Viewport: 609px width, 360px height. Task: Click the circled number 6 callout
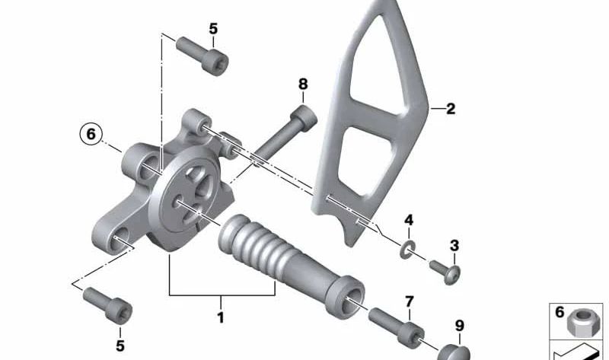click(91, 135)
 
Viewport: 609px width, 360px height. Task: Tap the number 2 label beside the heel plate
click(451, 109)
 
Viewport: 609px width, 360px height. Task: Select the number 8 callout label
click(303, 84)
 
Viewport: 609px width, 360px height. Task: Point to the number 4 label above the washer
click(409, 221)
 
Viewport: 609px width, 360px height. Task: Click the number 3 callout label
click(454, 245)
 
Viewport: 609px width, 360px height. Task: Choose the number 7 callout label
click(410, 301)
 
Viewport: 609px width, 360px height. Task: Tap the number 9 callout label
click(460, 326)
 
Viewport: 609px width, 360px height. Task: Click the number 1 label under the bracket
click(221, 317)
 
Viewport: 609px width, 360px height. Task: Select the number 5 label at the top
click(213, 29)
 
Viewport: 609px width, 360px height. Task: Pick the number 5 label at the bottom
click(120, 346)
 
